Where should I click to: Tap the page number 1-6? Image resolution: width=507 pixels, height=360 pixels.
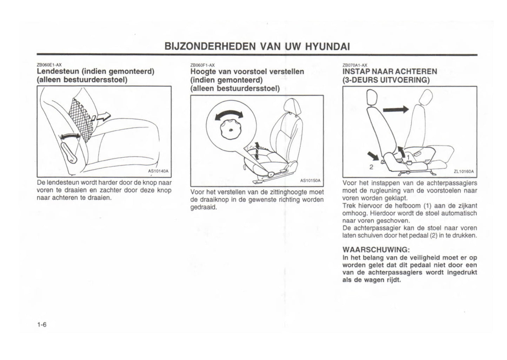pyautogui.click(x=42, y=325)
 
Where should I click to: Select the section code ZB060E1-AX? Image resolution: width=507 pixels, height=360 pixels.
pyautogui.click(x=49, y=65)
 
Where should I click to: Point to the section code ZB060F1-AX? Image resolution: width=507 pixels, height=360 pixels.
pyautogui.click(x=202, y=65)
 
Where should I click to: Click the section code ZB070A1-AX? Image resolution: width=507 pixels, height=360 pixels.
pyautogui.click(x=355, y=65)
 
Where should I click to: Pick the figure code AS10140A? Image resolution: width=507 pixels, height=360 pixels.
pyautogui.click(x=158, y=171)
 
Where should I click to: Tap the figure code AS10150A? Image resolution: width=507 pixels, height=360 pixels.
pyautogui.click(x=311, y=181)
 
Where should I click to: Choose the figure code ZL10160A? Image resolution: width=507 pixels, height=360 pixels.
pyautogui.click(x=463, y=172)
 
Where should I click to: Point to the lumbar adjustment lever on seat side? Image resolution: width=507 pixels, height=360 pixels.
pyautogui.click(x=70, y=150)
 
